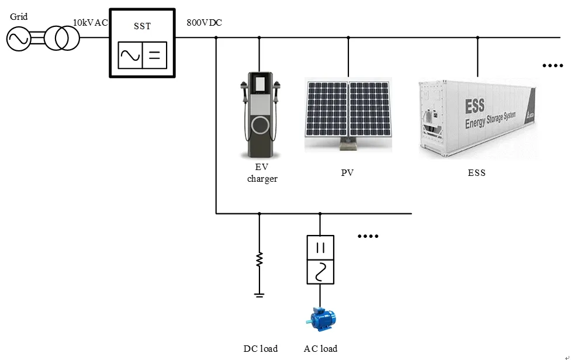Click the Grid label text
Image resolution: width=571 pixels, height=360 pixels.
pos(19,17)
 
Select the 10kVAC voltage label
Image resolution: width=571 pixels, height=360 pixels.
pos(90,22)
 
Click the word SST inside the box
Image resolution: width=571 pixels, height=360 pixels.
pos(142,26)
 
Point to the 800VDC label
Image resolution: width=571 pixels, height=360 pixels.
pos(204,22)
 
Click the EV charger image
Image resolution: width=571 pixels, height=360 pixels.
pos(260,114)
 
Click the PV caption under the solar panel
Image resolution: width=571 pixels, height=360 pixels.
pos(348,173)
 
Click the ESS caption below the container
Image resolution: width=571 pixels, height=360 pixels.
pos(476,173)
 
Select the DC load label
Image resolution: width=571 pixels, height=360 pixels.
pos(261,349)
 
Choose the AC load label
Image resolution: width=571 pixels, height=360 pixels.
pos(320,349)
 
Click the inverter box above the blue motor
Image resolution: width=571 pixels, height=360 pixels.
pos(320,259)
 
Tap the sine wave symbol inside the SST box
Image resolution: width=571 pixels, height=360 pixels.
pos(130,56)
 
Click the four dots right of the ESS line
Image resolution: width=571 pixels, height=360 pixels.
pos(552,65)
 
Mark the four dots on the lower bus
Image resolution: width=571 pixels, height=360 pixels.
pos(368,236)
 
